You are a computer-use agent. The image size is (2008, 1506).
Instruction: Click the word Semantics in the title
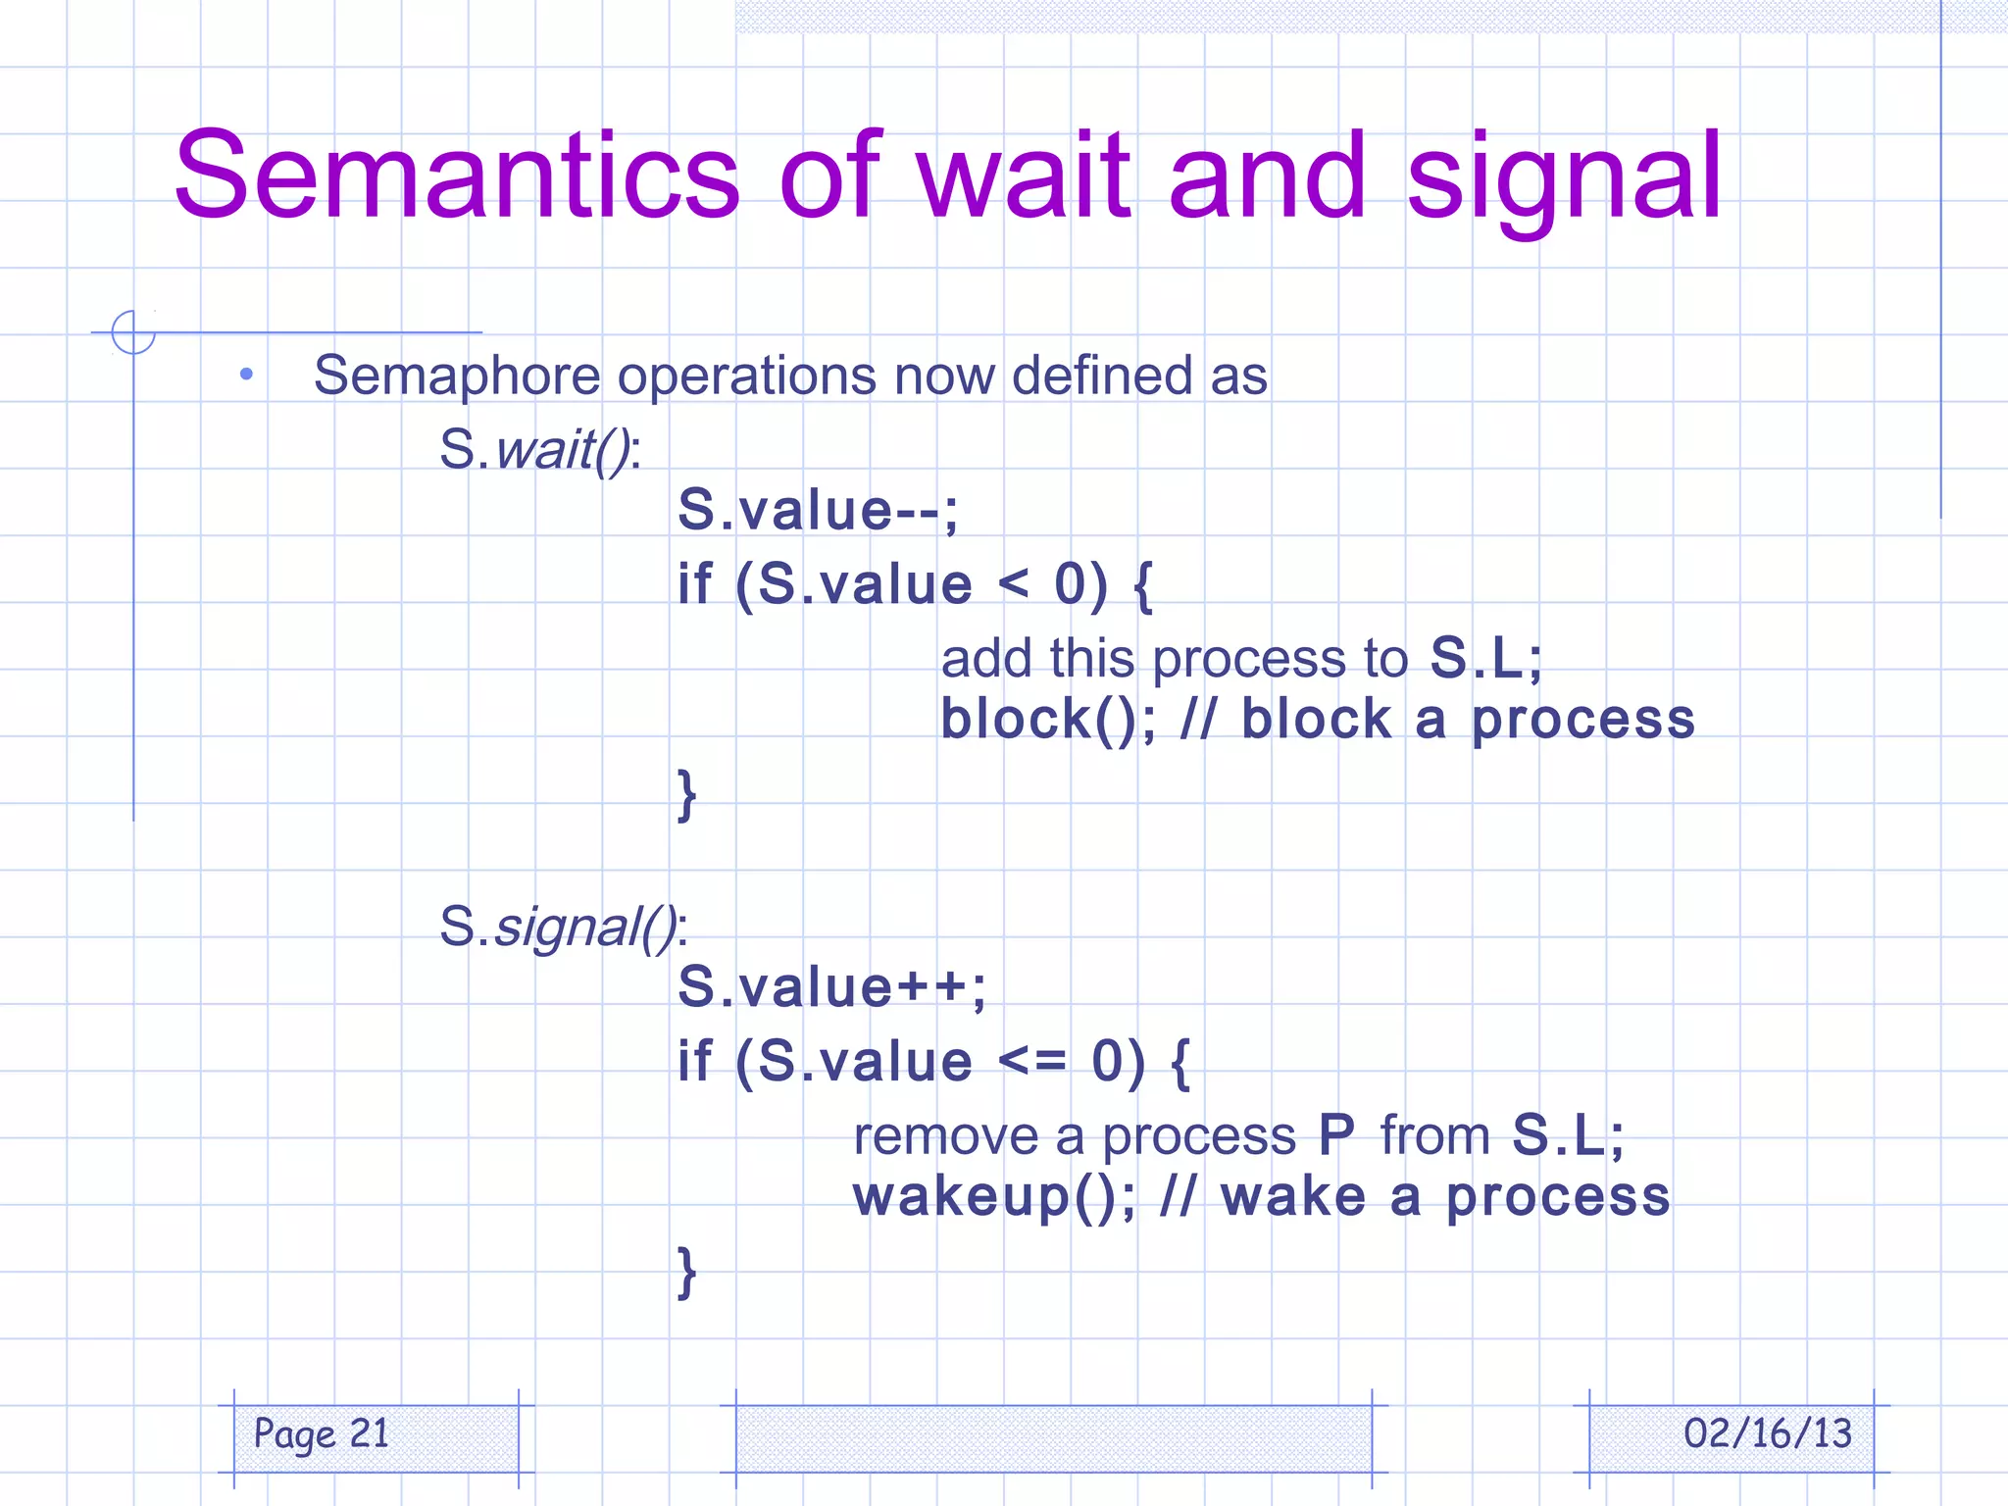coord(456,176)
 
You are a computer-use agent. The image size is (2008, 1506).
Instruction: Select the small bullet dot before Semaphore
coord(246,374)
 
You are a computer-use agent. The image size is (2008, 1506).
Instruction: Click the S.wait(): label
coord(539,450)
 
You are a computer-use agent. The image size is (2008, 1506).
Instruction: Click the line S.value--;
coord(818,511)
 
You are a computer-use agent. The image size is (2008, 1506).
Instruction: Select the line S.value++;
coord(831,987)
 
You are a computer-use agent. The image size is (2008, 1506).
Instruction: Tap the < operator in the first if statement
coord(1013,585)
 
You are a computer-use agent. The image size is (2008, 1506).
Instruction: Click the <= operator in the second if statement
coord(1031,1062)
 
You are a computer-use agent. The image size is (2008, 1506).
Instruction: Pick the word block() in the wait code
coord(1045,721)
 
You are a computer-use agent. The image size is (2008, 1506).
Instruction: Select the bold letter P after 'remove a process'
coord(1336,1136)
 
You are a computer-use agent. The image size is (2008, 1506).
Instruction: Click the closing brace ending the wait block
coord(687,794)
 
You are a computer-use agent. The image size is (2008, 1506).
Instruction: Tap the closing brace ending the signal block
coord(687,1272)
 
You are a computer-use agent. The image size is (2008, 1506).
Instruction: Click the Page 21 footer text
coord(321,1434)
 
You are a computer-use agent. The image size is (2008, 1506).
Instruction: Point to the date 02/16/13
coord(1767,1434)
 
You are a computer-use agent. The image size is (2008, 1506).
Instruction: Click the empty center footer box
coord(1053,1438)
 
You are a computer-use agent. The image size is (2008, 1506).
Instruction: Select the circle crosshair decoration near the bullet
coord(133,331)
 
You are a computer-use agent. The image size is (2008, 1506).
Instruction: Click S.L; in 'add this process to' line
coord(1484,658)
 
